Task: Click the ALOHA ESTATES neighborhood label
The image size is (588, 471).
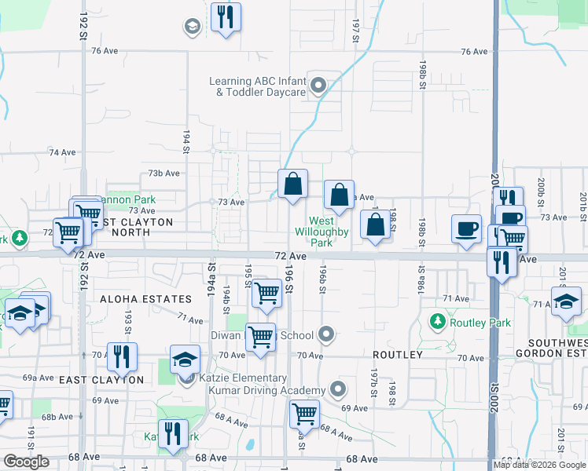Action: [x=146, y=299]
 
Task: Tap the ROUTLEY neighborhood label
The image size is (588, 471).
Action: [x=398, y=355]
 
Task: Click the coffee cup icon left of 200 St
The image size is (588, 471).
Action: [x=466, y=228]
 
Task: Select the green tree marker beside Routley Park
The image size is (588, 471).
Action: [x=438, y=321]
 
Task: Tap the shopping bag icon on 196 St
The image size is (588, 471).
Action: [x=292, y=184]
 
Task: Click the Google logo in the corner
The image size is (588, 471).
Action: [x=27, y=462]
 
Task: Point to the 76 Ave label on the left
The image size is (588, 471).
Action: [x=104, y=51]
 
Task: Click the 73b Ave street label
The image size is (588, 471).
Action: [x=164, y=173]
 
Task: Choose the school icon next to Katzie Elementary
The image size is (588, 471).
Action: [x=186, y=360]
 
